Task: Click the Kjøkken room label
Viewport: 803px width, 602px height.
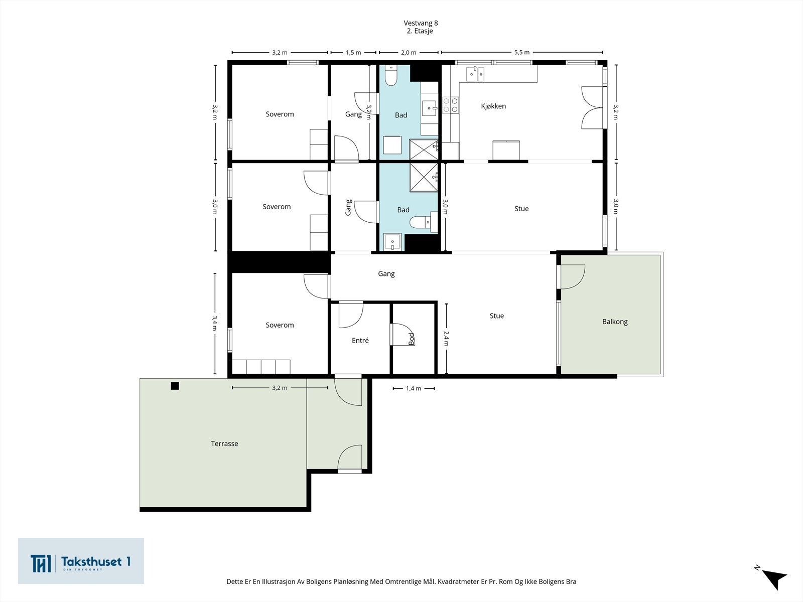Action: click(493, 106)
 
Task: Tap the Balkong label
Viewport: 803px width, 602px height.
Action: click(615, 322)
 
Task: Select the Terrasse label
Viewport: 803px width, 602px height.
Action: click(224, 443)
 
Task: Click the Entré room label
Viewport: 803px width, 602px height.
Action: click(360, 340)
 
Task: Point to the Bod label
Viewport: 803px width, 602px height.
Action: click(412, 339)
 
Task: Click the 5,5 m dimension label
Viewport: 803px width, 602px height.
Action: click(521, 52)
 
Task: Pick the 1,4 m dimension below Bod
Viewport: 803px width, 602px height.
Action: click(414, 388)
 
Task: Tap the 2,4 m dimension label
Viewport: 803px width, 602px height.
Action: click(446, 338)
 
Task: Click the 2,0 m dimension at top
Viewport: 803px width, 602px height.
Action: click(408, 52)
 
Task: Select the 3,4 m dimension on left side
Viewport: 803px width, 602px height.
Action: click(215, 323)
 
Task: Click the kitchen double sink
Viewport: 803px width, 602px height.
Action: click(475, 74)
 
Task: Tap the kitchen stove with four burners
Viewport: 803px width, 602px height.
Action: click(450, 105)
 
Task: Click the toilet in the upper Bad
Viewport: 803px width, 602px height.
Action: click(390, 75)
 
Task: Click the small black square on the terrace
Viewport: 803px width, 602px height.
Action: click(175, 386)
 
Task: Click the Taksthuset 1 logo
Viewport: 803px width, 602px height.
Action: click(81, 561)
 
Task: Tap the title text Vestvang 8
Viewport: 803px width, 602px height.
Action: click(421, 23)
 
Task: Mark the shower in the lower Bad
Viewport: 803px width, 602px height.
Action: click(424, 177)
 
